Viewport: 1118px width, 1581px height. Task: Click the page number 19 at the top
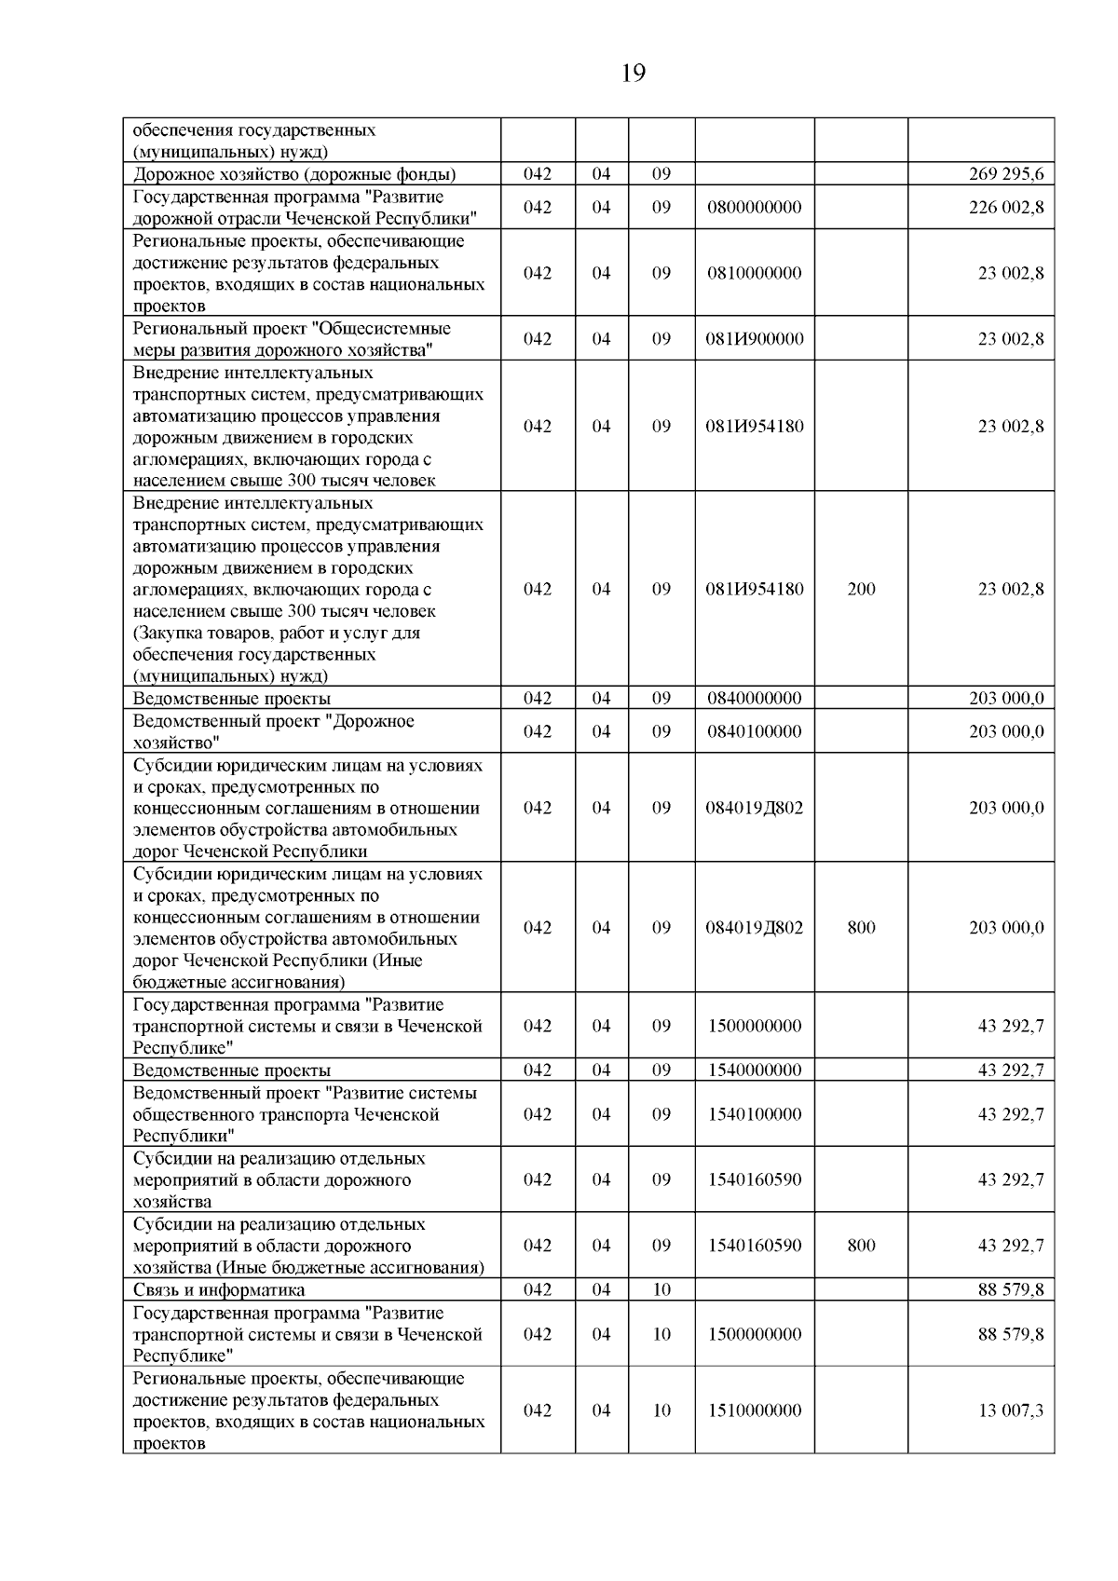pos(633,74)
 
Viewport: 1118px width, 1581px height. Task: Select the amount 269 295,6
pos(1006,174)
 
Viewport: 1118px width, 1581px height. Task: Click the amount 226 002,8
pos(1006,207)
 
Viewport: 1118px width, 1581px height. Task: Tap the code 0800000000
pos(754,207)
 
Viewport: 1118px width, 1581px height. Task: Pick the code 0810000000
pos(754,273)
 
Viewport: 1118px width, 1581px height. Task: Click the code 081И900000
pos(754,339)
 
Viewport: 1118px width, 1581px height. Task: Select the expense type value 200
pos(861,589)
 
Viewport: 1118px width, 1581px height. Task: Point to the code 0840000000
pos(754,698)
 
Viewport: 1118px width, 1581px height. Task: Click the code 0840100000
pos(754,731)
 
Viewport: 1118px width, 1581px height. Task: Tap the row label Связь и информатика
pos(219,1290)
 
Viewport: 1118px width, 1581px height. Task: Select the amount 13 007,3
pos(1011,1411)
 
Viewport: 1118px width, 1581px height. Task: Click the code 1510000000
pos(754,1411)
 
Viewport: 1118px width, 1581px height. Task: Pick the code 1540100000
pos(754,1114)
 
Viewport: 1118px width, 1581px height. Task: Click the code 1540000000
pos(754,1070)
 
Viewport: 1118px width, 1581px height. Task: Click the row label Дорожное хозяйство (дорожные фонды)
pos(294,174)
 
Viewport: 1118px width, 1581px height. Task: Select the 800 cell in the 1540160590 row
pos(861,1246)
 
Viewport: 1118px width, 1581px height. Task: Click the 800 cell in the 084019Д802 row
pos(861,928)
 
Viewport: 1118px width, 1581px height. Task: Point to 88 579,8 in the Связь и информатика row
pos(1011,1290)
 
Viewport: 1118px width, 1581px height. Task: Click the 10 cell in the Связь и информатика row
pos(661,1290)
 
